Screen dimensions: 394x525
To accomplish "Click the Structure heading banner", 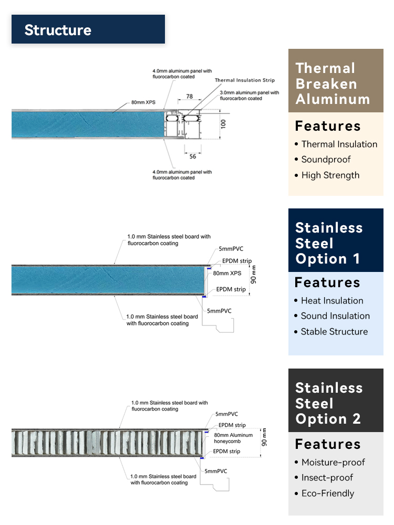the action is point(88,29).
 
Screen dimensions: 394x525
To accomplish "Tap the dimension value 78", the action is point(190,97).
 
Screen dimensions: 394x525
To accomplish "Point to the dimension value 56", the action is point(193,156).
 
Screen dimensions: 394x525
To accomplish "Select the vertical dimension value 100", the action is point(223,124).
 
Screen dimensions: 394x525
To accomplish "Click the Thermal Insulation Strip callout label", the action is point(245,80).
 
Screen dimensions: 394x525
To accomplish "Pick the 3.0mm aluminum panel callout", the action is point(249,96).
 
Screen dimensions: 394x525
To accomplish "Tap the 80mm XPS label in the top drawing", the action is point(143,102).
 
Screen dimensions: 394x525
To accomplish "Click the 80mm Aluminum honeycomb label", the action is point(233,438).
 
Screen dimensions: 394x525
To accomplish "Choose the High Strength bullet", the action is point(327,175).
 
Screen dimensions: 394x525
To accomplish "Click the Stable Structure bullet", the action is point(331,331).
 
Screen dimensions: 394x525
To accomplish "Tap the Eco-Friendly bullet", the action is point(324,493).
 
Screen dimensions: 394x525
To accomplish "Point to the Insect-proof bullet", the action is point(324,477).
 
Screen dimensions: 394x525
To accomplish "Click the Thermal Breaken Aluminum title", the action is point(333,83).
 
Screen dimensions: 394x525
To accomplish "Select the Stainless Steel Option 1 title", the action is point(329,243).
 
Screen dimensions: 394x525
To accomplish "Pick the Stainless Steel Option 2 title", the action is point(329,403).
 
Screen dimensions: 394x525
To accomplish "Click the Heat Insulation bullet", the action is point(329,301).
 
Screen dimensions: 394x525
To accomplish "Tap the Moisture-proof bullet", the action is point(330,462).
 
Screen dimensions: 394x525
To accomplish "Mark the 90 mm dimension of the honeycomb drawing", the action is point(264,437).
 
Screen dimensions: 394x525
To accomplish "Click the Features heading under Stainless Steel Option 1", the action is point(327,282).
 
